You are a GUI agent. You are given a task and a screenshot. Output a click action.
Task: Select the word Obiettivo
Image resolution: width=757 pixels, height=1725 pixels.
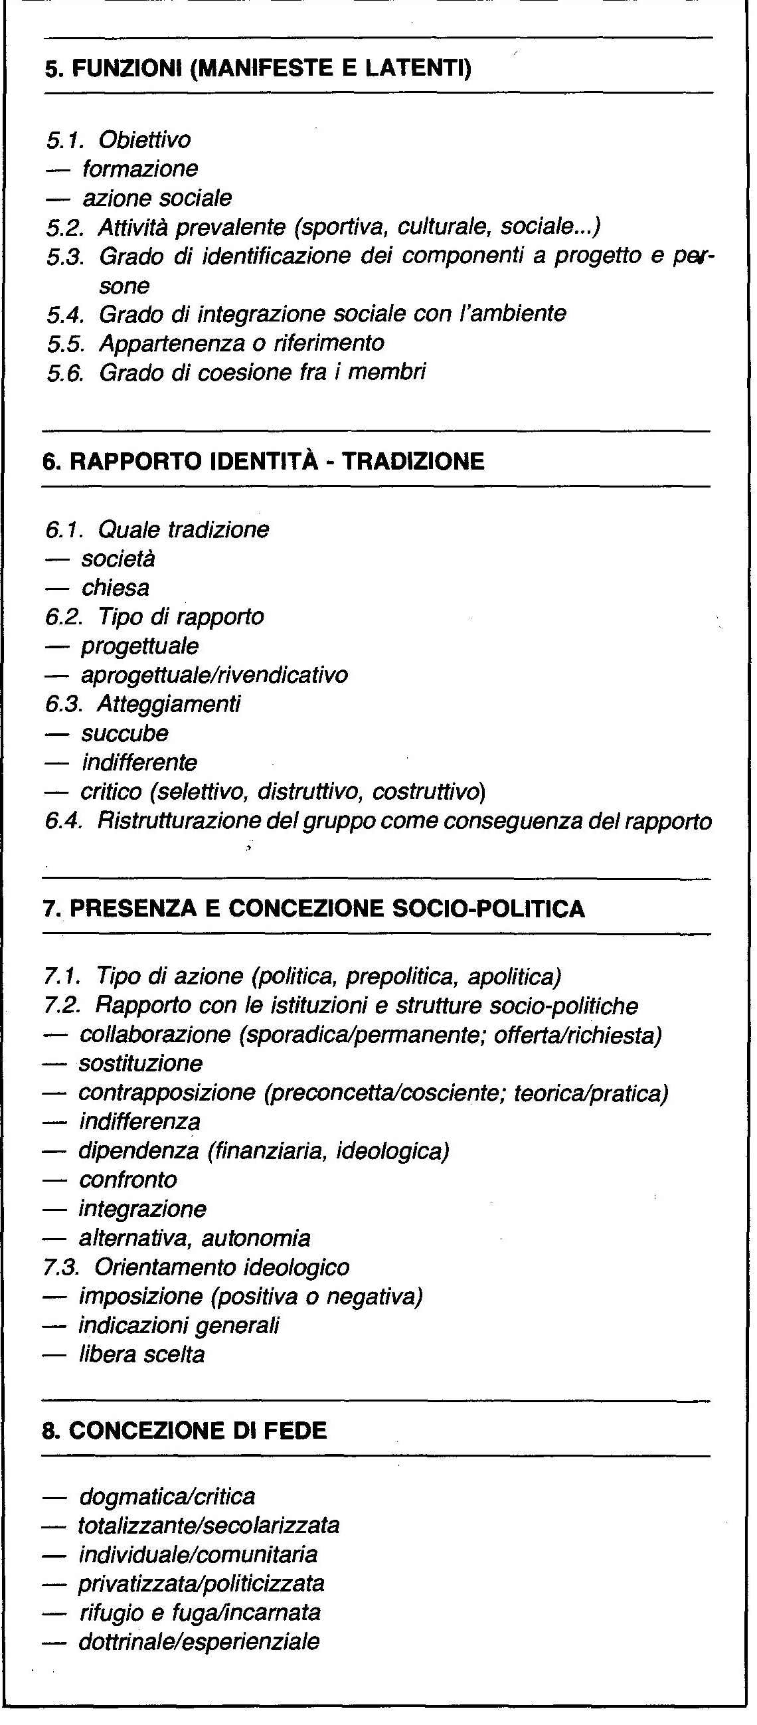pyautogui.click(x=145, y=140)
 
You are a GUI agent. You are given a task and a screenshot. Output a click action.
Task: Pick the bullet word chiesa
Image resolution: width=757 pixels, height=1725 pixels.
pyautogui.click(x=115, y=588)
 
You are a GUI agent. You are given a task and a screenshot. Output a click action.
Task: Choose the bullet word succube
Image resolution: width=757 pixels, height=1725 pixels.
pyautogui.click(x=124, y=733)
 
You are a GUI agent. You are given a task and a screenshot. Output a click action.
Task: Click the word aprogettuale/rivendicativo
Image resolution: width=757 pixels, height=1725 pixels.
pyautogui.click(x=214, y=674)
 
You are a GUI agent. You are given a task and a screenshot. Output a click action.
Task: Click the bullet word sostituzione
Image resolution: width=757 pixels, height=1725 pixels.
pyautogui.click(x=141, y=1063)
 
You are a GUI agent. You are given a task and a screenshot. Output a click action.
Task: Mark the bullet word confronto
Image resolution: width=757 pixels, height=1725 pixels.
pyautogui.click(x=128, y=1179)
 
